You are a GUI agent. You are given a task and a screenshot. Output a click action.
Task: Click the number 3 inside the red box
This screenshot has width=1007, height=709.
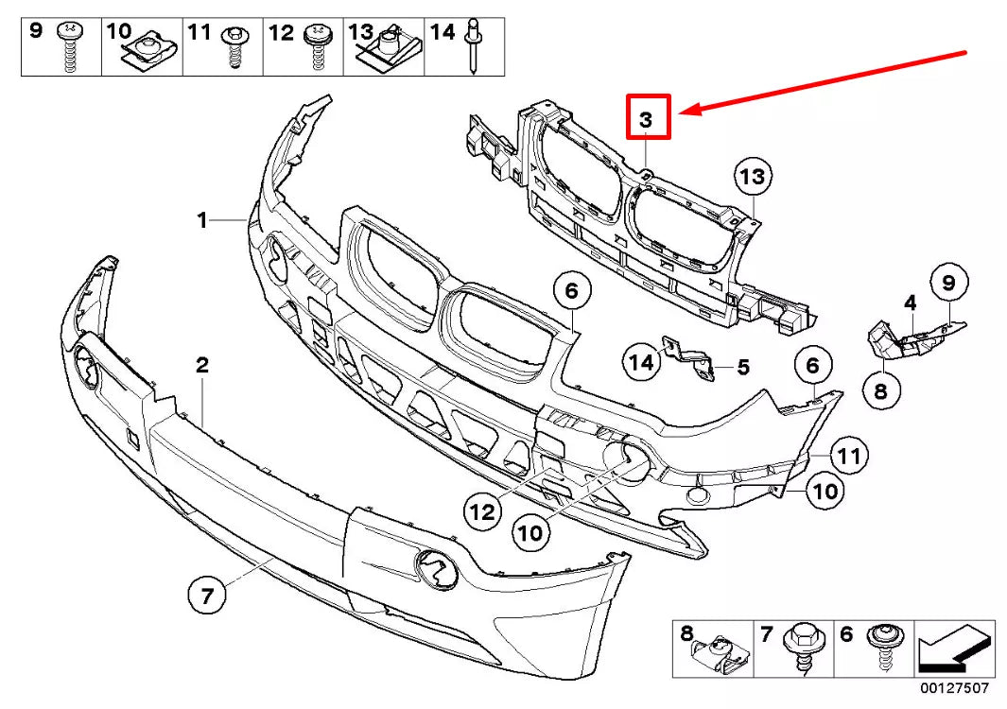[646, 119]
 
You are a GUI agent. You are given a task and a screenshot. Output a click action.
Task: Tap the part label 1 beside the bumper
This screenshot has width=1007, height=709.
[201, 220]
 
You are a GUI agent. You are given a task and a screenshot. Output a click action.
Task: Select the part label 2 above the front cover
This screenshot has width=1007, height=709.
[201, 364]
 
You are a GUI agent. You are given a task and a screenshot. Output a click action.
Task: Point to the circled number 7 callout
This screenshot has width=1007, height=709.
[207, 597]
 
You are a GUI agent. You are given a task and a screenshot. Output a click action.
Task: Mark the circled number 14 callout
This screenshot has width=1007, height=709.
[641, 361]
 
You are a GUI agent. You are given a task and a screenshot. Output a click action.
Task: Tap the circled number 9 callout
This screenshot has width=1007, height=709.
[948, 282]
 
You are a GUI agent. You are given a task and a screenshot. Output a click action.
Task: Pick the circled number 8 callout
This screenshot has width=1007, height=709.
[880, 389]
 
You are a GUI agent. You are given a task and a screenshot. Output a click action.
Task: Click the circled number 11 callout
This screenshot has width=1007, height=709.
[849, 458]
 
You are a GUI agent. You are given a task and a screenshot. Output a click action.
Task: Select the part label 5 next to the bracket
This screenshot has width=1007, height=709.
[742, 365]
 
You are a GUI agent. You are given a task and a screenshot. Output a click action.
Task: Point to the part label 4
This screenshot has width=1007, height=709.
[910, 303]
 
